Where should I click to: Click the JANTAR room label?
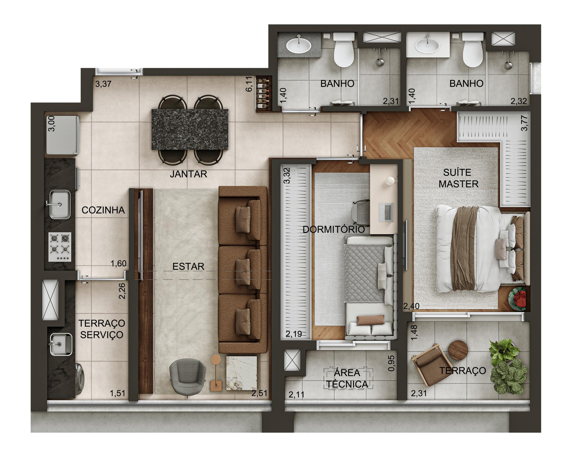[188, 174]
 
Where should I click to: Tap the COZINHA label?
[103, 210]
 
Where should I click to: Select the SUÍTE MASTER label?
[458, 178]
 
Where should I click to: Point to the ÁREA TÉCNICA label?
[347, 378]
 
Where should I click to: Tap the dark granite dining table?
[190, 129]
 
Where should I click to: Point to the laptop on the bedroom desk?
[386, 212]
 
